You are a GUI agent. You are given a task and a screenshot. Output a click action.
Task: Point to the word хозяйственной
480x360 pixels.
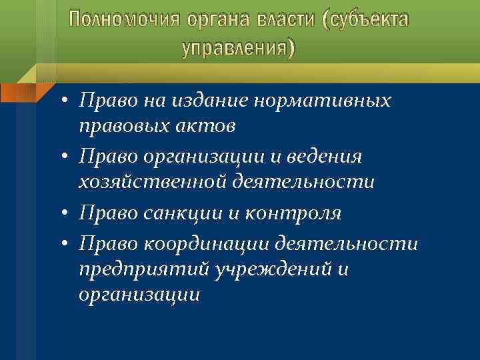click(x=153, y=181)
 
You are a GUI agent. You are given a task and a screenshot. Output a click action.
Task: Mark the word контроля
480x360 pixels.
click(x=293, y=213)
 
